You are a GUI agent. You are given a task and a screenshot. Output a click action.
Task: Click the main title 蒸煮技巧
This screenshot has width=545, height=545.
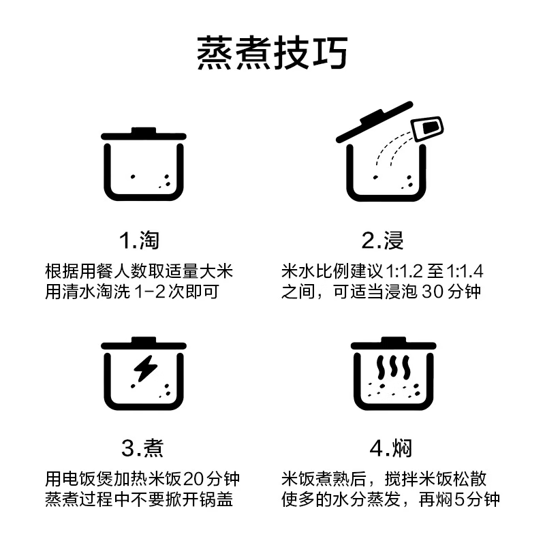pyautogui.click(x=272, y=53)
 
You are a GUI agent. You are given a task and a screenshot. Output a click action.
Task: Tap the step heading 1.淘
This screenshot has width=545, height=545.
pyautogui.click(x=139, y=240)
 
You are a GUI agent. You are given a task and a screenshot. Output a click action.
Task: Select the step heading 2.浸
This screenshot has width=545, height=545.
pyautogui.click(x=382, y=240)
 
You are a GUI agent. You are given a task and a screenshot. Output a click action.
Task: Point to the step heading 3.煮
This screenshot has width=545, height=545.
pyautogui.click(x=142, y=448)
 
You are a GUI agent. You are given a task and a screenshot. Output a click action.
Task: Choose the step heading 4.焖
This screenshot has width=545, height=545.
pyautogui.click(x=390, y=448)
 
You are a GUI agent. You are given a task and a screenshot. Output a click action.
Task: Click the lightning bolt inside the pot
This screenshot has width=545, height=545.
pyautogui.click(x=146, y=369)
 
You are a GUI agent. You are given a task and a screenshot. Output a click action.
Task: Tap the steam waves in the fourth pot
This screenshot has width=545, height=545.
pyautogui.click(x=394, y=367)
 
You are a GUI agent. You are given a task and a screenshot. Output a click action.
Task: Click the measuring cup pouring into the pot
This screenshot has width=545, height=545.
pyautogui.click(x=427, y=129)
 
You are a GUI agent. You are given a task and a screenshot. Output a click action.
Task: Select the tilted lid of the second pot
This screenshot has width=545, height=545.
pyautogui.click(x=375, y=122)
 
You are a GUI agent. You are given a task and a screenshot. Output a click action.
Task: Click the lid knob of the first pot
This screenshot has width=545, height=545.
pyautogui.click(x=144, y=131)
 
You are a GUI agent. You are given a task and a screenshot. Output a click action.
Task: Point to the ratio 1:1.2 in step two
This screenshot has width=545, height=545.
pyautogui.click(x=404, y=271)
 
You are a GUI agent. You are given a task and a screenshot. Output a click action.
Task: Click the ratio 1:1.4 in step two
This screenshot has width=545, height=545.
pyautogui.click(x=465, y=271)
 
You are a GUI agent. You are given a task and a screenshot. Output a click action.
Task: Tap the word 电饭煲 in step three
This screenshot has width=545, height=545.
pyautogui.click(x=89, y=480)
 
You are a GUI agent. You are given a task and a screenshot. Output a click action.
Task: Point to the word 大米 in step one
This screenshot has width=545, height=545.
pyautogui.click(x=216, y=271)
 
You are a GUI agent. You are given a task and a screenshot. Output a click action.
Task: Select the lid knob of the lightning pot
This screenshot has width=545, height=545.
pyautogui.click(x=144, y=340)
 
